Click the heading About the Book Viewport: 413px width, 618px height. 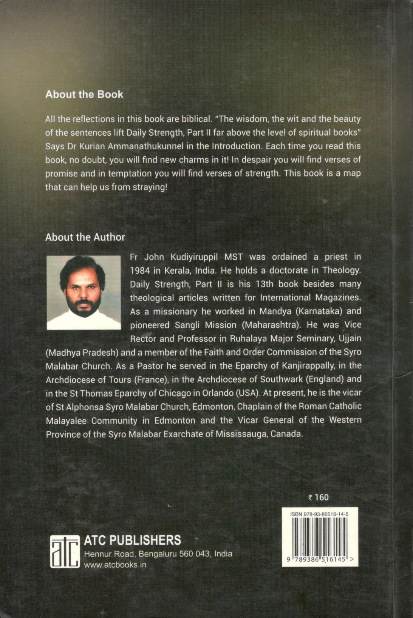84,94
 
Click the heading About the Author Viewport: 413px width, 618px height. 85,237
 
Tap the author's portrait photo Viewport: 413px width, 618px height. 84,292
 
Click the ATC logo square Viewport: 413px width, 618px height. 65,551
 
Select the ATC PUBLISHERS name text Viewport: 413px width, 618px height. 132,540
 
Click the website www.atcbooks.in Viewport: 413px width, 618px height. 115,565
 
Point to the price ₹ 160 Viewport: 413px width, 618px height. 319,497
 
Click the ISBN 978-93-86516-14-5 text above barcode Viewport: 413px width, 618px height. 319,514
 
